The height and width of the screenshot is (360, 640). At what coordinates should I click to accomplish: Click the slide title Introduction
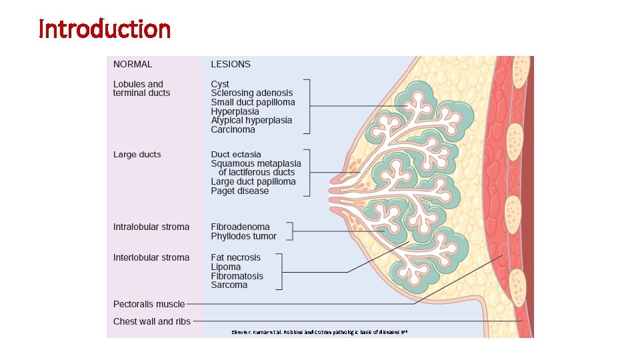(x=105, y=29)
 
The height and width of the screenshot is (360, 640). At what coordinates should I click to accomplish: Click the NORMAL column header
(x=133, y=65)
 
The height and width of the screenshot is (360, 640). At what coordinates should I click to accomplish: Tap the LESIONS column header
(x=231, y=65)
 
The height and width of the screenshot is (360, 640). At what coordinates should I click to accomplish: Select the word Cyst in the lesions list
(x=220, y=84)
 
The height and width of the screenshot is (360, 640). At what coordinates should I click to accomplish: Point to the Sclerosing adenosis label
(x=251, y=93)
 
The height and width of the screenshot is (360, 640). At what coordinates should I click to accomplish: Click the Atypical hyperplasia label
(x=251, y=121)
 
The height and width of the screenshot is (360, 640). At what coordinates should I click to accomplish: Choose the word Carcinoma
(x=233, y=130)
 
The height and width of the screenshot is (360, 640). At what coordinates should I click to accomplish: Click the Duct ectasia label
(x=236, y=155)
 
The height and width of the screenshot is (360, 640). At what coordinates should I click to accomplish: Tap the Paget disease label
(x=240, y=191)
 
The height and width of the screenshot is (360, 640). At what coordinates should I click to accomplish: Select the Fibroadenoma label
(x=241, y=227)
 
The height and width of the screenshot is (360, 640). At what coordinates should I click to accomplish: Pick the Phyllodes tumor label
(x=243, y=236)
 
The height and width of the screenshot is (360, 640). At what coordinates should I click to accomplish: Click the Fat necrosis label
(x=236, y=257)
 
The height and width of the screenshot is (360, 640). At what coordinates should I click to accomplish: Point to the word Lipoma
(x=227, y=267)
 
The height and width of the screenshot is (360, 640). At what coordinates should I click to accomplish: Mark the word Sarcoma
(x=229, y=285)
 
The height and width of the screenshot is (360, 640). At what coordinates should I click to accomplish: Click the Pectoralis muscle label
(x=149, y=304)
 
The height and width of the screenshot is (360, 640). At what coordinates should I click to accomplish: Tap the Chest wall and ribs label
(x=152, y=322)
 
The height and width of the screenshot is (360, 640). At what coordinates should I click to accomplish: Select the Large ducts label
(x=137, y=155)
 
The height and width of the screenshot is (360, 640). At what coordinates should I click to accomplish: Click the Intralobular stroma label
(x=151, y=227)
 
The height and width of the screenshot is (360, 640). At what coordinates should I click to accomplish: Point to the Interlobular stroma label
(x=151, y=257)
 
